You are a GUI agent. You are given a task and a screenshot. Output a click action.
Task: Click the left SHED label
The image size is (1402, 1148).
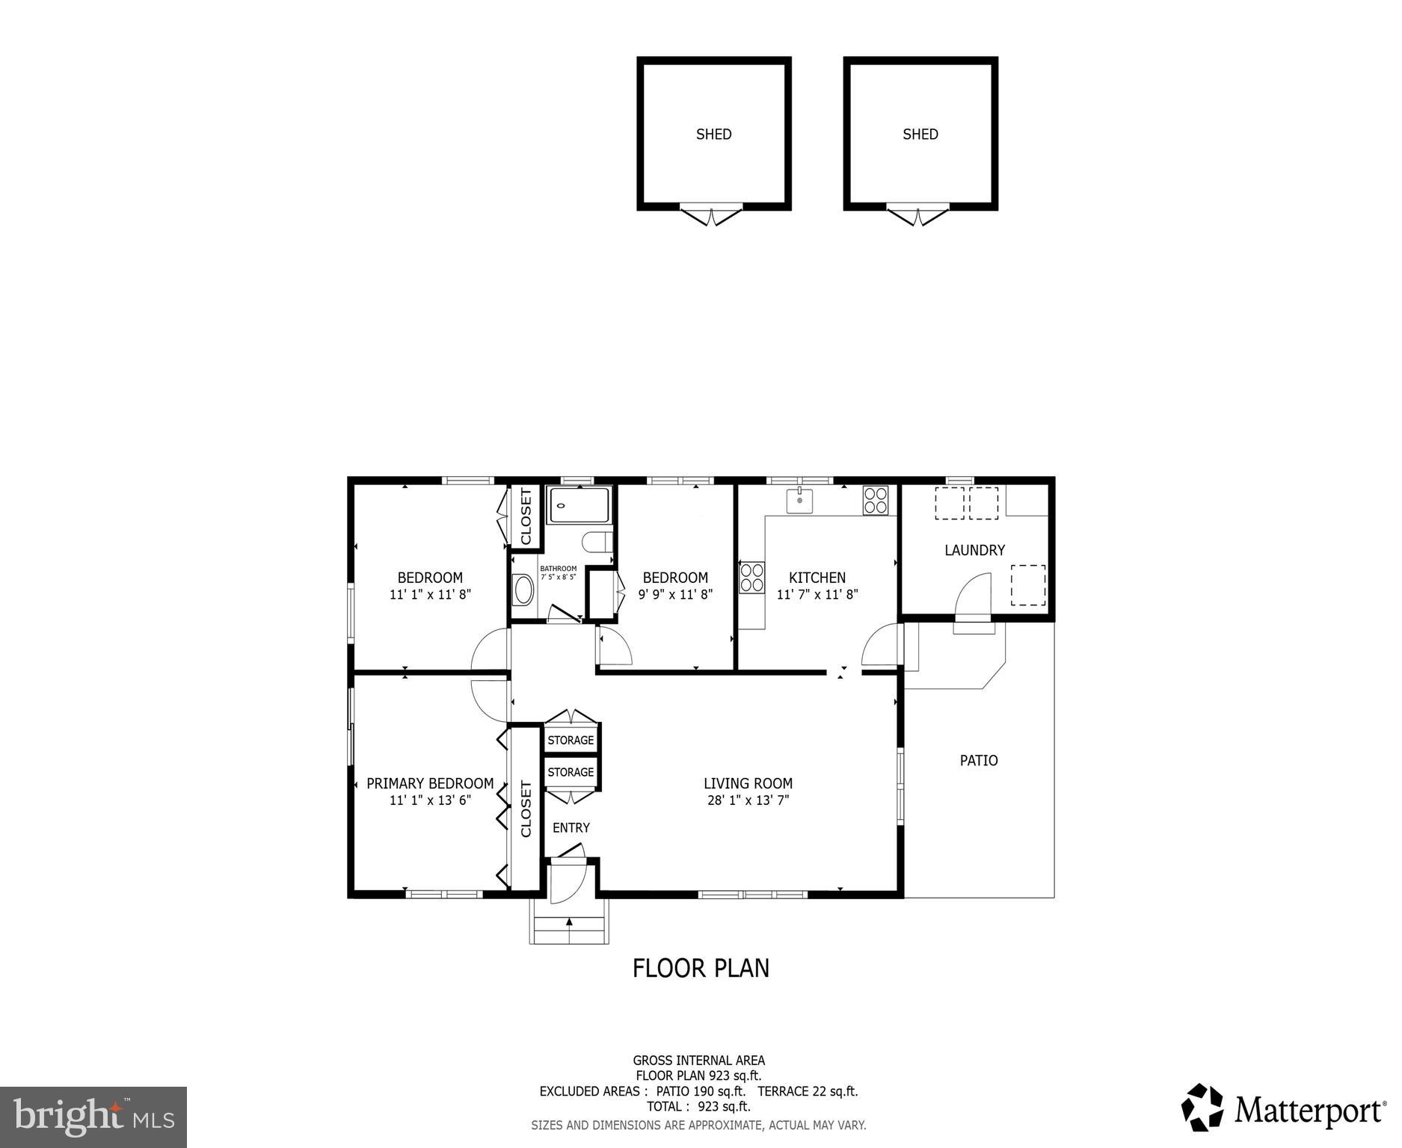(x=713, y=135)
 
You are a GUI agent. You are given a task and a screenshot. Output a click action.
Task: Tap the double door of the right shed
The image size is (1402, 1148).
(x=920, y=215)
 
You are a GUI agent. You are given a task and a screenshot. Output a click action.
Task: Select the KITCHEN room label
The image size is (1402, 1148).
(x=817, y=578)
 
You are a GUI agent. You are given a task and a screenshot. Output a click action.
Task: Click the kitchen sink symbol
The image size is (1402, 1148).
(x=799, y=501)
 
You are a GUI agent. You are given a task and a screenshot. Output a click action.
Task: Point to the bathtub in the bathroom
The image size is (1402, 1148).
(x=579, y=505)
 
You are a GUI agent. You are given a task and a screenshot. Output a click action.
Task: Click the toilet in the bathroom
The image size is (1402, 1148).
(x=597, y=541)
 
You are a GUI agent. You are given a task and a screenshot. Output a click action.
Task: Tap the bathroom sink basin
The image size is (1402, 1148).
(x=523, y=590)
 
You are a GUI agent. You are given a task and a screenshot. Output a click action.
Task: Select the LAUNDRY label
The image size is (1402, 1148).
(x=974, y=550)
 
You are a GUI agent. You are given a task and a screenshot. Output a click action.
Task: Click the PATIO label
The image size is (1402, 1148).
(x=978, y=761)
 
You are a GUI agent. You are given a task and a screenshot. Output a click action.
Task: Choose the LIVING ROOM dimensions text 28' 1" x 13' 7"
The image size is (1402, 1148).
(x=747, y=800)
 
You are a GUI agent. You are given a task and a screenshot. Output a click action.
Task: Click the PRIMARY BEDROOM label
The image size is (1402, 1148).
(x=430, y=783)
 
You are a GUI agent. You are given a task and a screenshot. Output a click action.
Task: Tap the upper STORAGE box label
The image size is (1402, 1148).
(x=571, y=740)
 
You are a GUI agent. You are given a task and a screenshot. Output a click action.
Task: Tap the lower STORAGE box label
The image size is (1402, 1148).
(x=571, y=772)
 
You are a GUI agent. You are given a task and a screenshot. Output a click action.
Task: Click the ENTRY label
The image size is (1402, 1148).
(x=571, y=827)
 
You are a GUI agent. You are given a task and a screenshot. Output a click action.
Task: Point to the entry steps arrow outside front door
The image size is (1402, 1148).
(x=569, y=922)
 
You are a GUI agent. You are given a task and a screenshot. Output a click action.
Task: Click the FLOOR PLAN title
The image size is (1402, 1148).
(x=701, y=968)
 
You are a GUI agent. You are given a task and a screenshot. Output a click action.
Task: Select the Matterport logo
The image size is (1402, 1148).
(x=1283, y=1111)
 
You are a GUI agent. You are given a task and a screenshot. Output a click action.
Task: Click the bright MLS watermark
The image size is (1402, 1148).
(x=93, y=1117)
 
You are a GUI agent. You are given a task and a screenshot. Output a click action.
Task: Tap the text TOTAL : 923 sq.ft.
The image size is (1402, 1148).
(x=698, y=1107)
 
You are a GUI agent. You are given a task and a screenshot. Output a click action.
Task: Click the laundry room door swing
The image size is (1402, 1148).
(x=974, y=594)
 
